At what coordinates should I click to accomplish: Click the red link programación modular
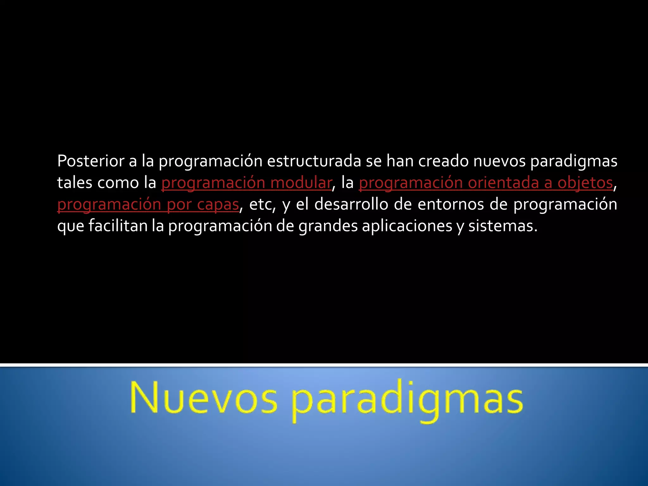pyautogui.click(x=246, y=183)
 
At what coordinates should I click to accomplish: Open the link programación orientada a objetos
pyautogui.click(x=486, y=183)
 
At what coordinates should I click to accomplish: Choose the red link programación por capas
pyautogui.click(x=148, y=204)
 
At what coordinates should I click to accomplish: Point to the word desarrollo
pyautogui.click(x=351, y=204)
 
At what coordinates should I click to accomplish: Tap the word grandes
pyautogui.click(x=328, y=226)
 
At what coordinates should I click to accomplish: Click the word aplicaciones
pyautogui.click(x=407, y=226)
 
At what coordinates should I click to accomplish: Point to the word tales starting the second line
pyautogui.click(x=75, y=183)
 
